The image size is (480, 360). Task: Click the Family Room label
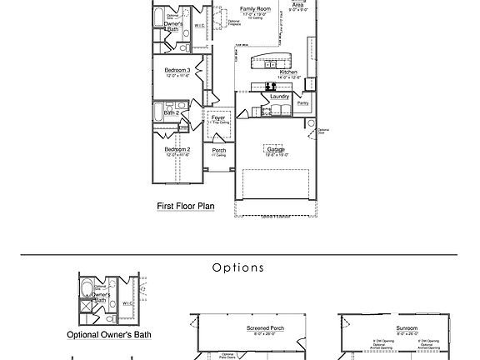pos(257,8)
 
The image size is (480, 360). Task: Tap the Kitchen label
pos(288,72)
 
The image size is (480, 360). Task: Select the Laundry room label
pos(279,97)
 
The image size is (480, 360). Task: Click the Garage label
pos(277,149)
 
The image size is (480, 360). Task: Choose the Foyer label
pos(218,117)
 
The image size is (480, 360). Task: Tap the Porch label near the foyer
pos(218,150)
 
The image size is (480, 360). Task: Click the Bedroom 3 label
pos(177,70)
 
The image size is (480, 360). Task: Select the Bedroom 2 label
pos(177,149)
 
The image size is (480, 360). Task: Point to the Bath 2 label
pos(172,112)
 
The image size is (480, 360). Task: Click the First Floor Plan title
pos(186,205)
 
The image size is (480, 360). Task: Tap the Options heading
pos(238,268)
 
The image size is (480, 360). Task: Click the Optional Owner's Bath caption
pos(109,335)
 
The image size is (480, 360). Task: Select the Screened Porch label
pos(265,328)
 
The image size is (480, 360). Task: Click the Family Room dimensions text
pos(257,14)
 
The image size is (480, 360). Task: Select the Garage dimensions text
pos(277,155)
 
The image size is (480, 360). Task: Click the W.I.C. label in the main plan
pos(199,25)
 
